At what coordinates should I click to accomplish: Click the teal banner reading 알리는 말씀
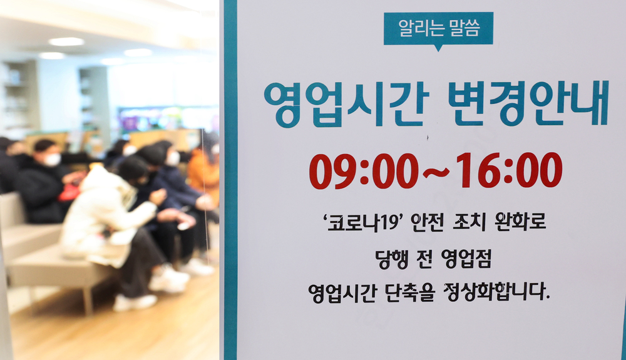pyautogui.click(x=438, y=28)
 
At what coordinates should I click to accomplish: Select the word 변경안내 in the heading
pyautogui.click(x=528, y=103)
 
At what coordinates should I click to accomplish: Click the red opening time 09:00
pyautogui.click(x=364, y=171)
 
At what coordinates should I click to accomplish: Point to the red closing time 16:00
pyautogui.click(x=509, y=170)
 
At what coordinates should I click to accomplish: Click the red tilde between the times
pyautogui.click(x=436, y=172)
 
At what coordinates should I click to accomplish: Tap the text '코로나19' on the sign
pyautogui.click(x=362, y=223)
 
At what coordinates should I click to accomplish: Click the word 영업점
pyautogui.click(x=466, y=259)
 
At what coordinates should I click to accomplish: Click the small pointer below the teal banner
pyautogui.click(x=438, y=48)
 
